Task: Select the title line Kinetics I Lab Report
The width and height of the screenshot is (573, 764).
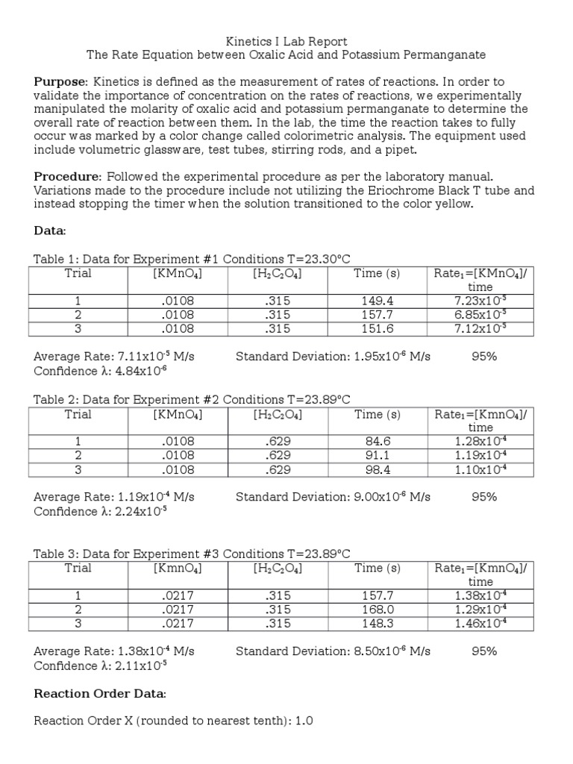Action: point(286,41)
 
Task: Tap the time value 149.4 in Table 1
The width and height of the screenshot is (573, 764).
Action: point(377,301)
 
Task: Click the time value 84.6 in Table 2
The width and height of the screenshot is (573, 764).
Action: point(377,441)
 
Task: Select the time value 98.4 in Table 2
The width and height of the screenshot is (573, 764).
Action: point(377,469)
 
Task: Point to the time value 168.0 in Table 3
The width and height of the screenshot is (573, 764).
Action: point(377,609)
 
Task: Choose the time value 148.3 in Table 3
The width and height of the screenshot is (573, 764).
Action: point(377,623)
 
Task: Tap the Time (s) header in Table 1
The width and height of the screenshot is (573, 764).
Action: point(377,273)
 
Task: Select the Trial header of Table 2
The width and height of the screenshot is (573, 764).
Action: point(78,414)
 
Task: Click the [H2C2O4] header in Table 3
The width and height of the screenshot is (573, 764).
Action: point(277,568)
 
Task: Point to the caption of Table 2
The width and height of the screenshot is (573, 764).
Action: point(192,399)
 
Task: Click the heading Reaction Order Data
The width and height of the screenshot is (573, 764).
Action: point(101,694)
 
